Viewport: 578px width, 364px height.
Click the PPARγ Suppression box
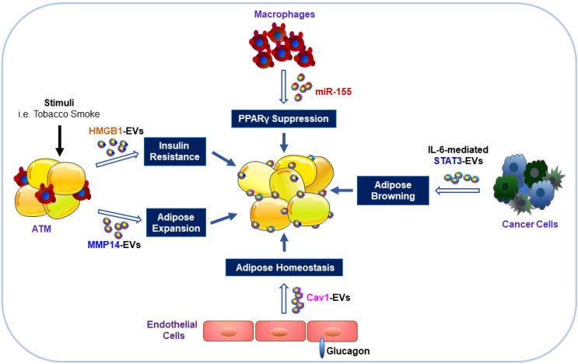coord(283,119)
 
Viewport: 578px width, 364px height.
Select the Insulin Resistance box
coord(175,152)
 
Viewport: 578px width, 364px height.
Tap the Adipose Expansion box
coord(177,222)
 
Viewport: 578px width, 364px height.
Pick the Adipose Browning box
coord(393,191)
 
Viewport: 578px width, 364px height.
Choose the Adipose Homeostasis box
coord(284,268)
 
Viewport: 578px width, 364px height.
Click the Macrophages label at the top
coord(285,14)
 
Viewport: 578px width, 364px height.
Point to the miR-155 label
coord(333,92)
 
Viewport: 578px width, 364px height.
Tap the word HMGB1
coord(106,131)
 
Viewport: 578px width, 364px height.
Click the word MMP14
coord(103,245)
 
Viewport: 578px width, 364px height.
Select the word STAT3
coord(448,161)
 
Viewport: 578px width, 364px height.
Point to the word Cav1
coord(317,297)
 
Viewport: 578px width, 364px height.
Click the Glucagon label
coord(348,351)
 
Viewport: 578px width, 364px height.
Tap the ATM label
coord(41,229)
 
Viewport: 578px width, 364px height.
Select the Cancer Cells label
coord(530,224)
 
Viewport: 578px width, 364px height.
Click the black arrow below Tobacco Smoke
coord(60,141)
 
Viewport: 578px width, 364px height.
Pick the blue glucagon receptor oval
coord(322,348)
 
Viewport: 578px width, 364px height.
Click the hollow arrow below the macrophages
coord(283,86)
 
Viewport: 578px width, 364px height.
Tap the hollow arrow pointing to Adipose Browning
coord(457,191)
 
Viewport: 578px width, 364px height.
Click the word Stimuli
coord(59,103)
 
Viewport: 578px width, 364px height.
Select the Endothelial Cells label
coord(172,330)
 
